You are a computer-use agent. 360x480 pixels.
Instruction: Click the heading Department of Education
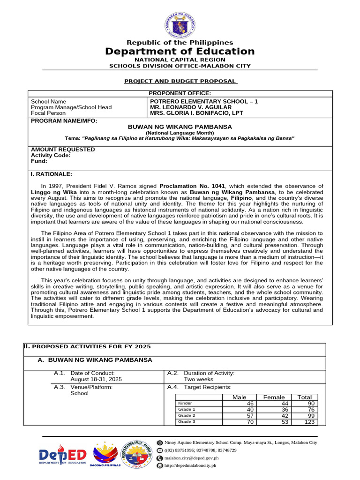click(x=180, y=52)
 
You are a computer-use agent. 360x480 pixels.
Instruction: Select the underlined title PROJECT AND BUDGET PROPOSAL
click(x=180, y=81)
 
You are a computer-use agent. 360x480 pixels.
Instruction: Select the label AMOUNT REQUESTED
click(x=63, y=150)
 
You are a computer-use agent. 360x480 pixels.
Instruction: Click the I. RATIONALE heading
click(x=52, y=174)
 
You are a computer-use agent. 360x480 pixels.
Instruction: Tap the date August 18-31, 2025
click(x=96, y=379)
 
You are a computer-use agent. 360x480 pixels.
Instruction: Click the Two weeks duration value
click(x=198, y=379)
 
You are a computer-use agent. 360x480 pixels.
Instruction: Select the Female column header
click(x=274, y=397)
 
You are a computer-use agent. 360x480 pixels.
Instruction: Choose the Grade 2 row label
click(x=187, y=416)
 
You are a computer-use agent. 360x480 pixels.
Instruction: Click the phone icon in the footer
click(x=160, y=450)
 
